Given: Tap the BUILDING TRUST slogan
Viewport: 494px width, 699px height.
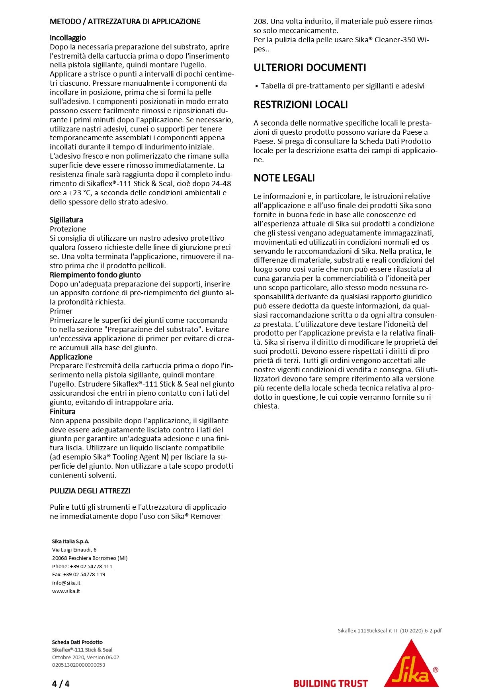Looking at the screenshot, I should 330,684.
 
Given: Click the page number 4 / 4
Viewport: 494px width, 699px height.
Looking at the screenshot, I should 61,684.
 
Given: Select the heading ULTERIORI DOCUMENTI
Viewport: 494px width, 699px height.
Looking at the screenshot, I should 310,68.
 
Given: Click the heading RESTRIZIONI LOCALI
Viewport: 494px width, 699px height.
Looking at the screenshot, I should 301,105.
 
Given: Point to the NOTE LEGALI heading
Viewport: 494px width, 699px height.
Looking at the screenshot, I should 284,178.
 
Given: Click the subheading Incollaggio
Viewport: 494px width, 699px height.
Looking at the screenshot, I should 68,38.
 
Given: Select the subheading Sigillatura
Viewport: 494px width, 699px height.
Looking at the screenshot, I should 66,220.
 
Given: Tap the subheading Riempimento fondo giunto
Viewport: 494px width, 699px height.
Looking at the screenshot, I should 95,275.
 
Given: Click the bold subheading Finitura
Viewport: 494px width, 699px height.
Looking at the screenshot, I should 62,412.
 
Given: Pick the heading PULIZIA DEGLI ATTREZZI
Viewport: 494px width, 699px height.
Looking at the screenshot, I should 90,491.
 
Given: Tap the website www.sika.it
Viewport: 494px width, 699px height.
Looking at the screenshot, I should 66,591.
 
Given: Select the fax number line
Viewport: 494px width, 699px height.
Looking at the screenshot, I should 78,574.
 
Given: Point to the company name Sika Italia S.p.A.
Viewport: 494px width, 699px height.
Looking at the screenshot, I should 71,541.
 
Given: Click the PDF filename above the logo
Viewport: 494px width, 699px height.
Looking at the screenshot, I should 389,630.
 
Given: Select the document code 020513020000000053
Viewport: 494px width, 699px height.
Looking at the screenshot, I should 78,665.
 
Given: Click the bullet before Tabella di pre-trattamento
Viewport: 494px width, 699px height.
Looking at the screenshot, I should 257,86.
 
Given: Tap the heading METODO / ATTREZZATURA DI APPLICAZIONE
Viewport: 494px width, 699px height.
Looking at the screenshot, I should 125,22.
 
